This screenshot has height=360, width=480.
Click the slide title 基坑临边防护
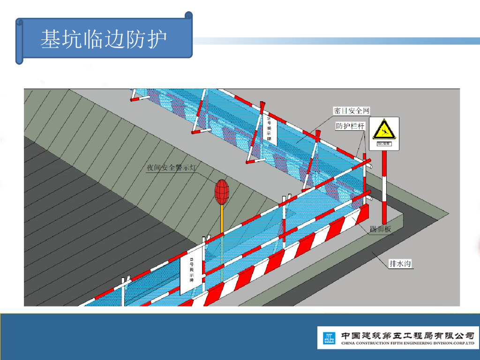tap(104, 39)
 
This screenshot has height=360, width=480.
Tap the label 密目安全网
tap(352, 111)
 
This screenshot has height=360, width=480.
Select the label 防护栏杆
tap(351, 127)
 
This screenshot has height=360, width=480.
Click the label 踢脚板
tap(380, 229)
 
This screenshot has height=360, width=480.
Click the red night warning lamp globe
tap(222, 192)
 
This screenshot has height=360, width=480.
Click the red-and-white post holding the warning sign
tap(384, 187)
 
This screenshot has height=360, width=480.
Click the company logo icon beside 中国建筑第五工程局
tap(329, 337)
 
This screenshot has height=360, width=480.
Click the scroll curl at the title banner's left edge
tap(19, 40)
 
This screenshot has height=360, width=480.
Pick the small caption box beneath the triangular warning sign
tap(384, 146)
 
